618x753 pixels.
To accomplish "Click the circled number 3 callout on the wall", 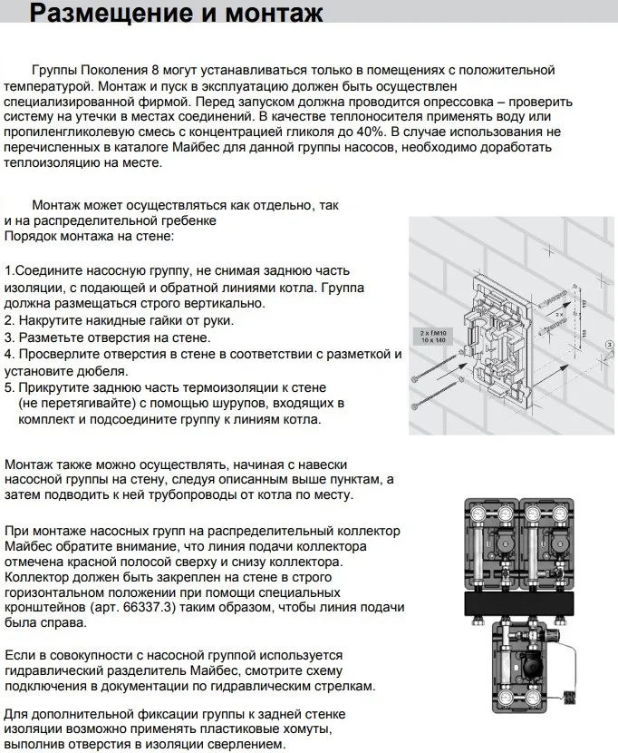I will point(609,346).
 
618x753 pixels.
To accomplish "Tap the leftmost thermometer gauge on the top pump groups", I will point(477,513).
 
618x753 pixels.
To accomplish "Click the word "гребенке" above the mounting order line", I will point(188,220).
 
